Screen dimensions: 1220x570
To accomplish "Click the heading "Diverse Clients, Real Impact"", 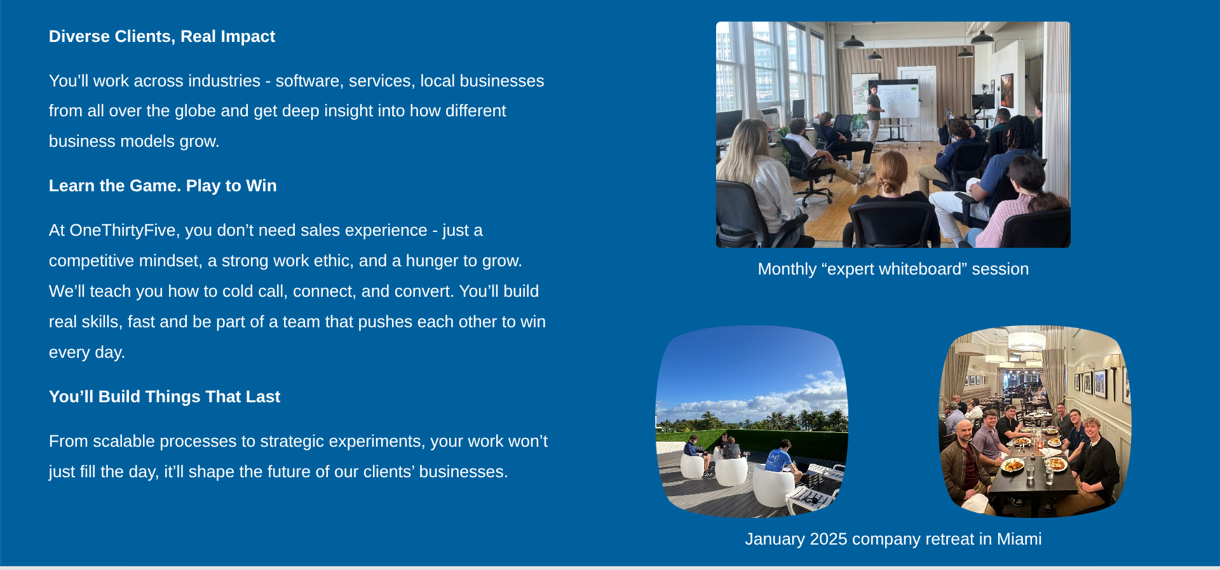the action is click(162, 36).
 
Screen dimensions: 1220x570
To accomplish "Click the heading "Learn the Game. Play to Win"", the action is click(163, 186).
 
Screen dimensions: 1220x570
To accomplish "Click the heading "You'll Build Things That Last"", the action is click(165, 397).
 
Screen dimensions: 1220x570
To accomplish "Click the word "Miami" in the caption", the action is click(1019, 539).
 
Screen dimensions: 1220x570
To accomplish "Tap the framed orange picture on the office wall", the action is click(1006, 90).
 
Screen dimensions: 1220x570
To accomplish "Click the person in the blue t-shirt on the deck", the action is click(779, 462).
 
